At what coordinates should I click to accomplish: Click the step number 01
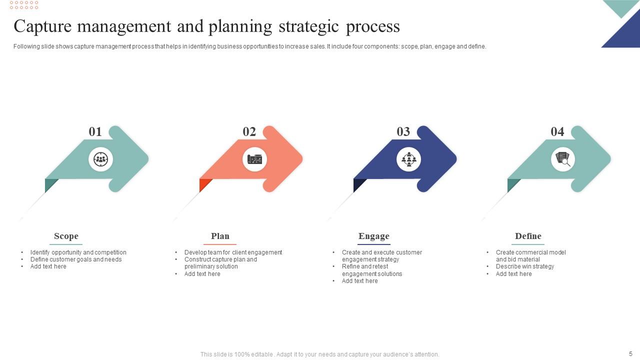95,131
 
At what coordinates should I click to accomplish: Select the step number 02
249,131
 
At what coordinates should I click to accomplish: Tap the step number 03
403,131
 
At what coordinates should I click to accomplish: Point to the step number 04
557,131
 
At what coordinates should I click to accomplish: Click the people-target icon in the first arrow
101,159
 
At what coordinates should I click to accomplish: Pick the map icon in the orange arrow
254,159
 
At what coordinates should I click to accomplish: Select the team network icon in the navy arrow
409,159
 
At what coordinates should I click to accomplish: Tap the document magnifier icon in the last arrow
563,159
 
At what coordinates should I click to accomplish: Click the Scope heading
66,236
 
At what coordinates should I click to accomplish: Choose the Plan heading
220,236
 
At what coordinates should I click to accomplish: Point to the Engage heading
374,236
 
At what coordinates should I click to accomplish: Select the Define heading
528,236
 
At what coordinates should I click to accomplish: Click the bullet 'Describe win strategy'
525,266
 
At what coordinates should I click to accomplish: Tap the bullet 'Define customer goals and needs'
76,259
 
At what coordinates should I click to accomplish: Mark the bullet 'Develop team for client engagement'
233,252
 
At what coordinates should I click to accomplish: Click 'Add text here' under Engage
359,281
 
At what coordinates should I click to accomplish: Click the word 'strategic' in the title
308,27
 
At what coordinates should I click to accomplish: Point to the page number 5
630,353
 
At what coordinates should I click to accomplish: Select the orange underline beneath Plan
220,244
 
